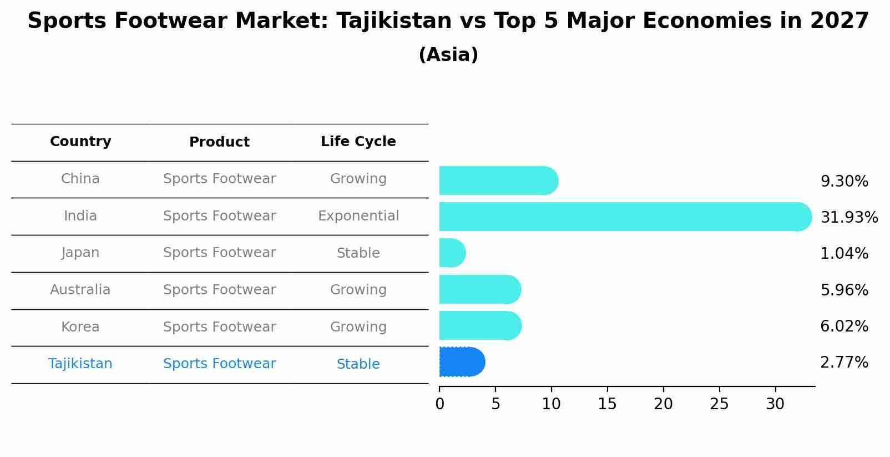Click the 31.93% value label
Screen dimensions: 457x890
click(849, 217)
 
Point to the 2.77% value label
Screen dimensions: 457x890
click(844, 363)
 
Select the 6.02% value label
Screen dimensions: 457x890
click(844, 326)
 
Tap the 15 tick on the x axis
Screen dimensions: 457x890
click(607, 404)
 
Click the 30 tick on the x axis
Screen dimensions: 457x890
click(775, 404)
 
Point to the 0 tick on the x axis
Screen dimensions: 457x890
click(439, 404)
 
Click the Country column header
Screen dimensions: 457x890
click(80, 142)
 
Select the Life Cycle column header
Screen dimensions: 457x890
click(358, 142)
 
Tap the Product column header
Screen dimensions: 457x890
click(219, 142)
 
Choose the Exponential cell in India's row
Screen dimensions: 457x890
click(358, 216)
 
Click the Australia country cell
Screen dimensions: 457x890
click(80, 290)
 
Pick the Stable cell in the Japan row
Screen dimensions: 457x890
click(358, 253)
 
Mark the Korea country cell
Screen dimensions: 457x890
click(80, 327)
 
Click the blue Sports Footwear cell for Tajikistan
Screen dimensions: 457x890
click(219, 364)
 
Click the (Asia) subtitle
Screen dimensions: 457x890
click(448, 55)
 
